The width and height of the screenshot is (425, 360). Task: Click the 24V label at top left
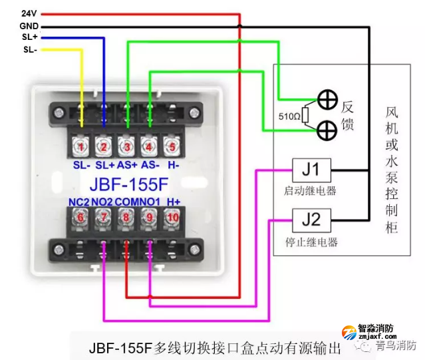[x=28, y=13]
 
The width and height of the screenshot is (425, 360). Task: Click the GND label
[x=28, y=25]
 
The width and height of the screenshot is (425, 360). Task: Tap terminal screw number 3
[x=126, y=146]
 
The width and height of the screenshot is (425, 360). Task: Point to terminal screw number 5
[x=172, y=146]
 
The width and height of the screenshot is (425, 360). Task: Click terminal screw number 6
[x=80, y=216]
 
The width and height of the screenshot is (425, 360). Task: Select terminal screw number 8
[x=126, y=216]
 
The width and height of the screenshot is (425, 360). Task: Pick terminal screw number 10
[x=172, y=216]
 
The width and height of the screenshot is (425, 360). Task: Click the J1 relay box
[x=310, y=170]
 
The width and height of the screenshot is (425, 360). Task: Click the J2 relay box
[x=310, y=218]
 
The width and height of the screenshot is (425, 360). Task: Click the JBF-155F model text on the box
[x=127, y=182]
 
